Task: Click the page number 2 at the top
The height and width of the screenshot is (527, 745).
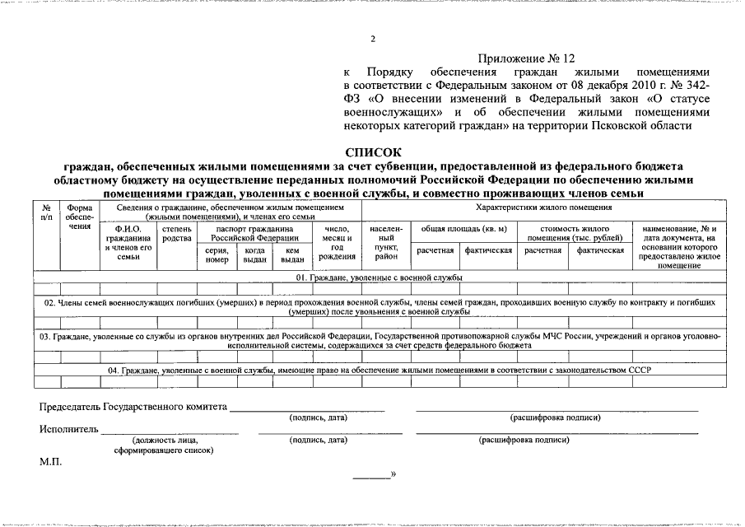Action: [x=372, y=39]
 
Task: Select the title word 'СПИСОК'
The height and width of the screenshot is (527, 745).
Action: [x=373, y=152]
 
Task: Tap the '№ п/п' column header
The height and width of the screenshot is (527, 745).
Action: [x=47, y=213]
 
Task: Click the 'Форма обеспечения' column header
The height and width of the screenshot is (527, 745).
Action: [x=79, y=218]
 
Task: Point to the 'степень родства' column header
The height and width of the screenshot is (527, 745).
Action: [x=177, y=233]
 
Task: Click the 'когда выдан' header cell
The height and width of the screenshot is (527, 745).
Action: [x=254, y=255]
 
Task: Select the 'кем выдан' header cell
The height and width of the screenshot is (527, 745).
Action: [x=292, y=255]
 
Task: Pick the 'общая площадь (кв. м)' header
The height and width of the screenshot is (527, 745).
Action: [x=463, y=228]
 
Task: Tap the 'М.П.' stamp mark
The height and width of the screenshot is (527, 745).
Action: [x=50, y=462]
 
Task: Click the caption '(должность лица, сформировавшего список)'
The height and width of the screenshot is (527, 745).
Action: [x=164, y=445]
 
